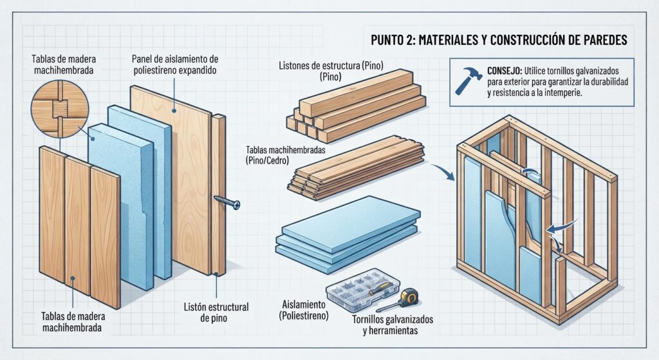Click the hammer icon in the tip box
tap(469, 81)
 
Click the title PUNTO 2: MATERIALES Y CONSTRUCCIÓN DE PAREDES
tap(499, 40)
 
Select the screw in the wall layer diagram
tap(227, 202)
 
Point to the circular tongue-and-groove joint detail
tap(60, 109)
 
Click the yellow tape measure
tap(407, 297)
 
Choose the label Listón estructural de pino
tap(216, 312)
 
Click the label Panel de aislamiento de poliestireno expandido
tap(175, 64)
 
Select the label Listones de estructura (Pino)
tap(331, 71)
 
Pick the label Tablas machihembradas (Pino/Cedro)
tap(285, 155)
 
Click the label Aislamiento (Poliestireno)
tap(304, 310)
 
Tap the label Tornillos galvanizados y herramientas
tap(392, 325)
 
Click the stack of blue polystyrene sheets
tap(348, 234)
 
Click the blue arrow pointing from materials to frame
tap(444, 171)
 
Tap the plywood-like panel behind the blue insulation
tap(191, 176)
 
